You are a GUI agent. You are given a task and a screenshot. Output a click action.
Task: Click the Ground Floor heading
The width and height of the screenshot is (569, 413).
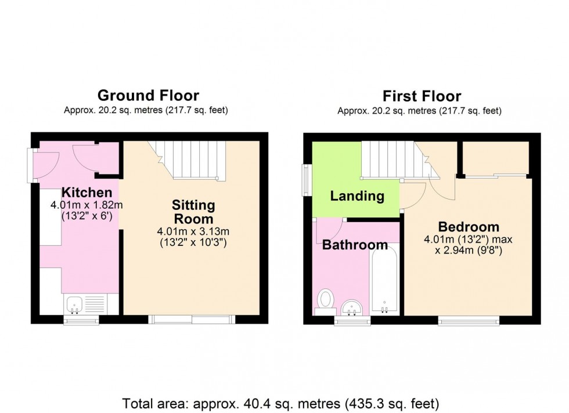[x=148, y=95]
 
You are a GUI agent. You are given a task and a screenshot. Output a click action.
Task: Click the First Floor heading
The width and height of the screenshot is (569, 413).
[x=422, y=96]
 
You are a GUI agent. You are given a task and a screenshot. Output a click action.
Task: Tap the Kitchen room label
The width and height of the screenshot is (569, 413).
[x=87, y=193]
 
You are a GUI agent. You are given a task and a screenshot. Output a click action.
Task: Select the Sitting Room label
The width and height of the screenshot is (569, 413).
[x=193, y=212]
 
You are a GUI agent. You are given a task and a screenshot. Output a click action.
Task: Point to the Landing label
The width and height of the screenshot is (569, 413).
[x=357, y=196]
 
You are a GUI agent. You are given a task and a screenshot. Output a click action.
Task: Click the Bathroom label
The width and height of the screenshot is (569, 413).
[x=355, y=245]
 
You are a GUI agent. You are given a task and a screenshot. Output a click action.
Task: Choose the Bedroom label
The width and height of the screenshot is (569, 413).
[x=469, y=227]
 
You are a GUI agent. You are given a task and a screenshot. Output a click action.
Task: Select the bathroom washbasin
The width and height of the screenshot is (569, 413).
[x=352, y=306]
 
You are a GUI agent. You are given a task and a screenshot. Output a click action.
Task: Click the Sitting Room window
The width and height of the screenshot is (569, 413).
[x=192, y=319]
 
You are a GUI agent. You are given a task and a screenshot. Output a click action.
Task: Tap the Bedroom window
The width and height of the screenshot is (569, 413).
[x=469, y=320]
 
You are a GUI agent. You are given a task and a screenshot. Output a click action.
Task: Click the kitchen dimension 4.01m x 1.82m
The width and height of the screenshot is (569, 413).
[x=87, y=205]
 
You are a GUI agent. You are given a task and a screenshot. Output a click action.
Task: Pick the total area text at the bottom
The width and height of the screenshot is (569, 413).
[x=281, y=403]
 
